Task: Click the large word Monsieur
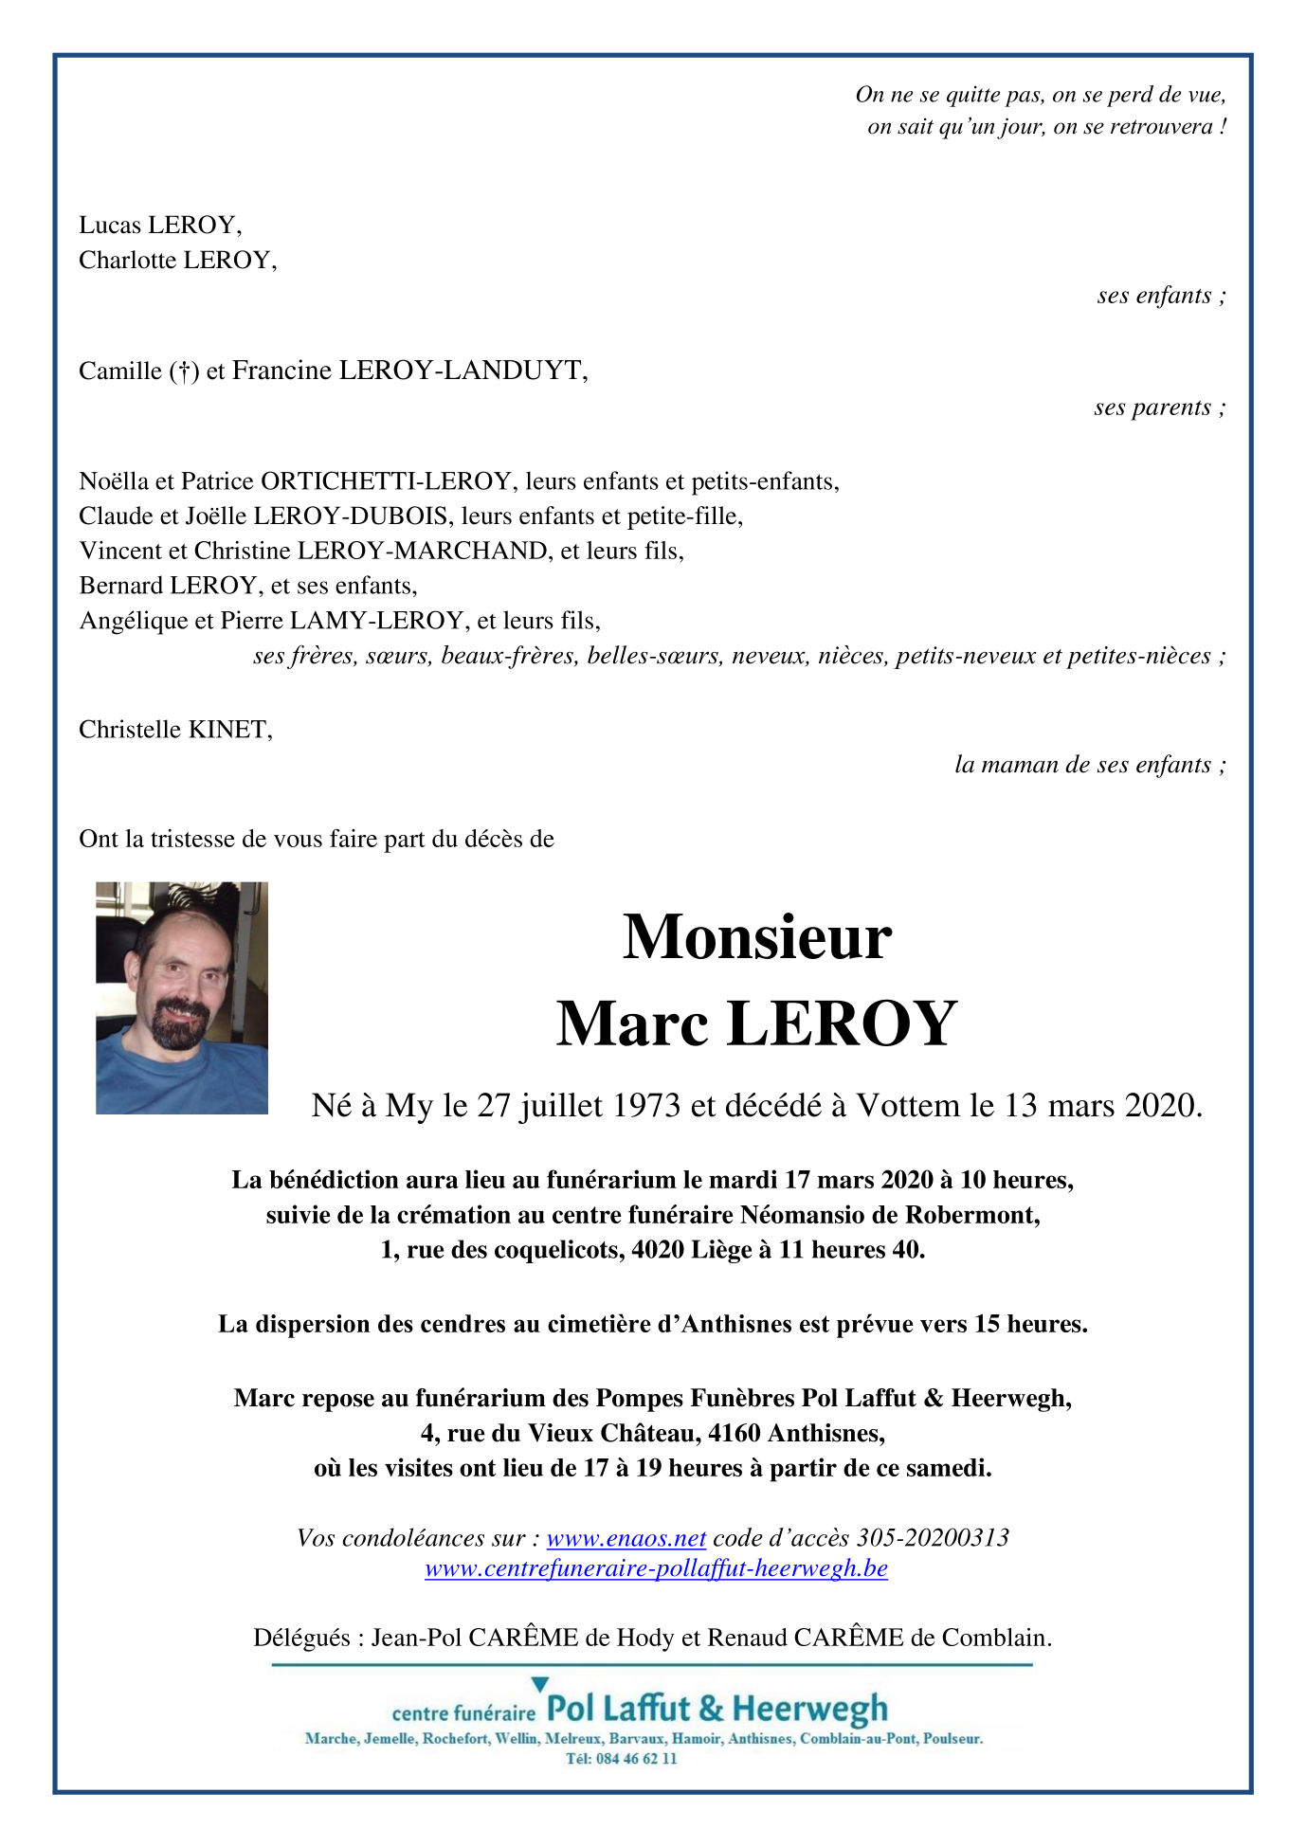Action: click(x=756, y=937)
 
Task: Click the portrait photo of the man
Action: click(x=182, y=998)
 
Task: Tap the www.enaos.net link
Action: click(x=626, y=1537)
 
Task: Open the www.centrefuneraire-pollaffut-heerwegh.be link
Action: click(x=656, y=1568)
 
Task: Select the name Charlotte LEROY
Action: click(x=176, y=261)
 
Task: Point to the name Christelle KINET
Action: click(x=175, y=730)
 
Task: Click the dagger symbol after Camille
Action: click(x=184, y=371)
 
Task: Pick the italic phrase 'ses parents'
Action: click(x=1152, y=407)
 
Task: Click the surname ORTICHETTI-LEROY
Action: click(x=386, y=481)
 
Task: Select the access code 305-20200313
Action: click(x=933, y=1537)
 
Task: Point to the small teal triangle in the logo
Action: click(x=539, y=1684)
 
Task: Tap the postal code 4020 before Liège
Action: click(x=658, y=1250)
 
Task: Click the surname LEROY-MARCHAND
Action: click(x=423, y=552)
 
